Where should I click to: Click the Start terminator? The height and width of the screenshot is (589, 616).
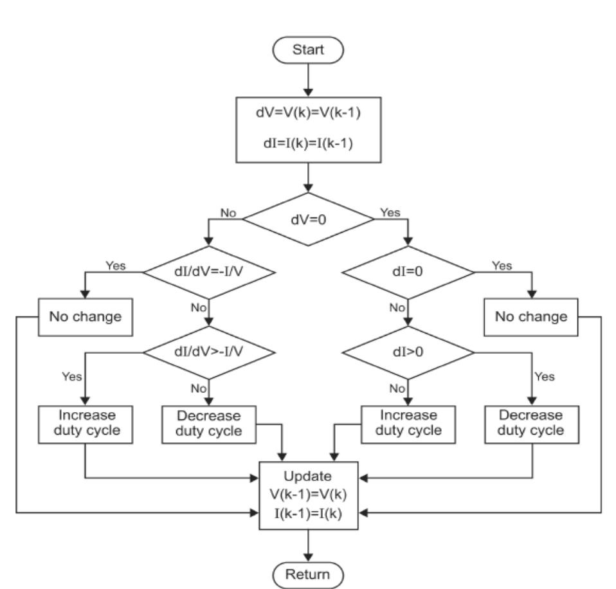tap(308, 50)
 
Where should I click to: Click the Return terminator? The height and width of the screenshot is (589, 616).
tap(308, 573)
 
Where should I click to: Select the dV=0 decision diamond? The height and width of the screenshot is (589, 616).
tap(308, 219)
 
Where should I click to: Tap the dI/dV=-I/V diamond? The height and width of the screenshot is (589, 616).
tap(209, 272)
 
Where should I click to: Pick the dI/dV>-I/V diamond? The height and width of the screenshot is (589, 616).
tap(209, 352)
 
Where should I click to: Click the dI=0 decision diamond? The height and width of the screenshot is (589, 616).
tap(408, 272)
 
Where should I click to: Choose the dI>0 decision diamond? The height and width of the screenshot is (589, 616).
tap(408, 352)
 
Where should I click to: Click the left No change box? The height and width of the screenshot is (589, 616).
tap(86, 316)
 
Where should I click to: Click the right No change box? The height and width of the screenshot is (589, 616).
tap(531, 316)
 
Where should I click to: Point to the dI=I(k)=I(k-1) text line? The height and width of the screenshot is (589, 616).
tap(308, 142)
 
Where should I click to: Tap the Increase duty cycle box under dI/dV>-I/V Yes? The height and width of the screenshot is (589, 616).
tap(86, 423)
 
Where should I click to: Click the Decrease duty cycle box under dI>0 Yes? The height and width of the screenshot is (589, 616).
tap(531, 423)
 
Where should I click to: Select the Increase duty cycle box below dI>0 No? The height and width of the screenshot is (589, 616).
tap(408, 423)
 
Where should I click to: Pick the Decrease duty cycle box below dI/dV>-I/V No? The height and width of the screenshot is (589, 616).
tap(209, 423)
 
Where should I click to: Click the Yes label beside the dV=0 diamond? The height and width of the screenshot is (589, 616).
tap(390, 212)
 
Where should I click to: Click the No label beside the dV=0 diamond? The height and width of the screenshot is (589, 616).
tap(228, 212)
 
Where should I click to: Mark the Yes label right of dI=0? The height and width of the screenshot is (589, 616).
tap(502, 265)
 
